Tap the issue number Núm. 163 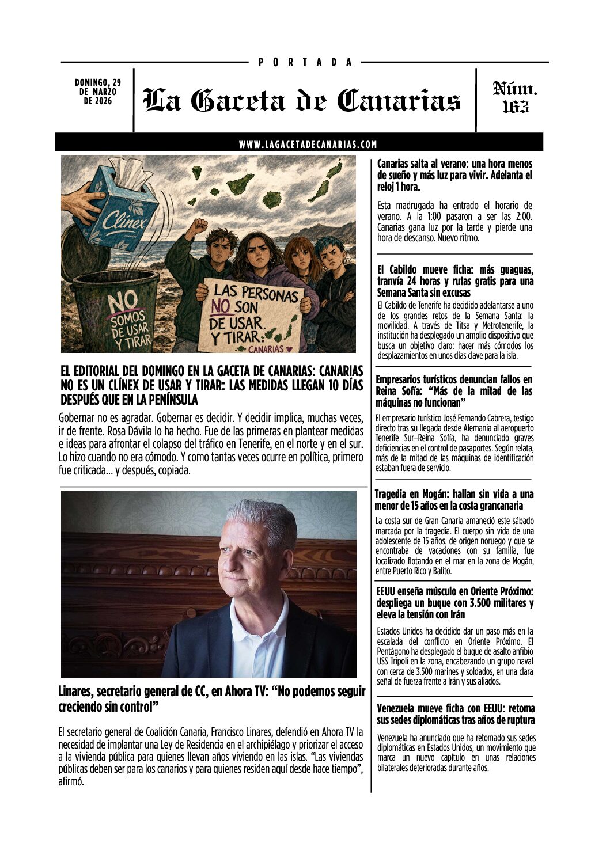pos(515,97)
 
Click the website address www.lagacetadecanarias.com pos(308,145)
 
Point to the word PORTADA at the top pos(305,62)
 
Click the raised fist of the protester pos(199,225)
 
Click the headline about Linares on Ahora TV pos(211,698)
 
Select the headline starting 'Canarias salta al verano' pos(454,175)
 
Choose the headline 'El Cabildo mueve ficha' pos(455,281)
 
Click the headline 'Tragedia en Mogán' pos(454,500)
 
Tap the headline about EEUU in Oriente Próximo pos(455,603)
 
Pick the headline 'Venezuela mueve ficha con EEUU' pos(456,714)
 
